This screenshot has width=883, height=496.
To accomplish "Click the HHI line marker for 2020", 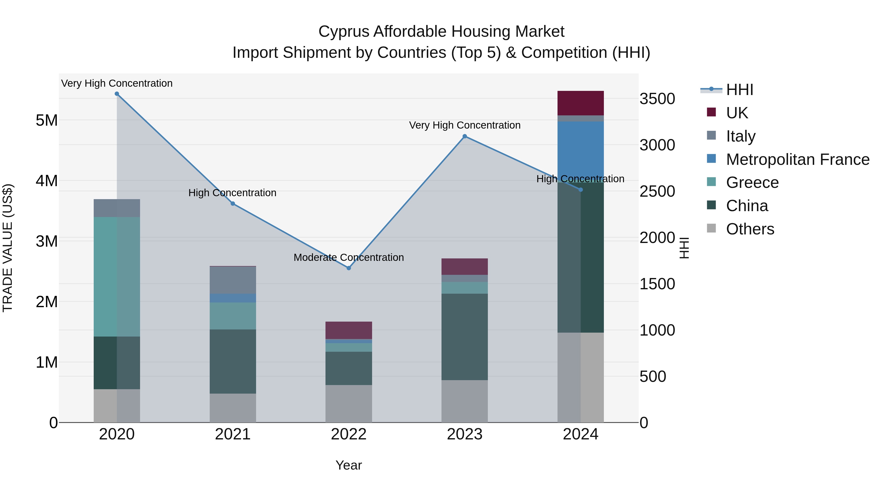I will (x=117, y=94).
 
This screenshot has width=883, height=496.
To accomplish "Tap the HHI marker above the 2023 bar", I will (x=465, y=136).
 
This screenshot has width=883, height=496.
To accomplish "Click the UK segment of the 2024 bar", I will (x=580, y=103).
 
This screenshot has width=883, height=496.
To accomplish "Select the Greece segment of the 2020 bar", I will (x=117, y=277).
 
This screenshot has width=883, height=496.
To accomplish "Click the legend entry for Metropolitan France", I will (x=797, y=159).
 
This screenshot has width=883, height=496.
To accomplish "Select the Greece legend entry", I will (x=752, y=182).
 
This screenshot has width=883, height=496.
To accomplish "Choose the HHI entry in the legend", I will (x=739, y=90).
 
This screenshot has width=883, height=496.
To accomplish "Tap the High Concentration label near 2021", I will (x=233, y=193).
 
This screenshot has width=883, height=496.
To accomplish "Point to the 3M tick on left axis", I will (x=47, y=241).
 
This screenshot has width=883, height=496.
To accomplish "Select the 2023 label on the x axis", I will (x=465, y=434).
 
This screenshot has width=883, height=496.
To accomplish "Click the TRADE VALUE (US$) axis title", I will (x=8, y=248).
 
